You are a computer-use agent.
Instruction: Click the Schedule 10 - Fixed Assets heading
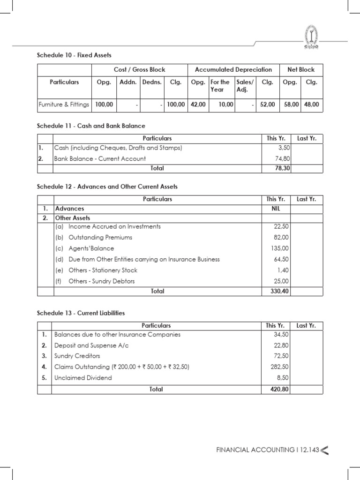tap(74, 55)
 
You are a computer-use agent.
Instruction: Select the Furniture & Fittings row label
tap(64, 105)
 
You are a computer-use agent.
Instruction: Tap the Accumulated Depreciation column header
tap(233, 70)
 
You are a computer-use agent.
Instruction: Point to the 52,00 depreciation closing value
tap(269, 105)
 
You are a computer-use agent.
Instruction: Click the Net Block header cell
tap(300, 70)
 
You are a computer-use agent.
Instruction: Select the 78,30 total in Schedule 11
tap(281, 168)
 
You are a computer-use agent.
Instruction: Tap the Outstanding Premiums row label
tap(100, 237)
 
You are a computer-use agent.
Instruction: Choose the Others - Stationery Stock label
tap(103, 270)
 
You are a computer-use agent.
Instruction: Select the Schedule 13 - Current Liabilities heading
tap(81, 313)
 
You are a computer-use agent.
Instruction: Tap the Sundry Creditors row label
tap(77, 356)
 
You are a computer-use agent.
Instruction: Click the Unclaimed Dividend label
tap(83, 377)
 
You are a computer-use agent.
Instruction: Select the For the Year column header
tap(220, 86)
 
